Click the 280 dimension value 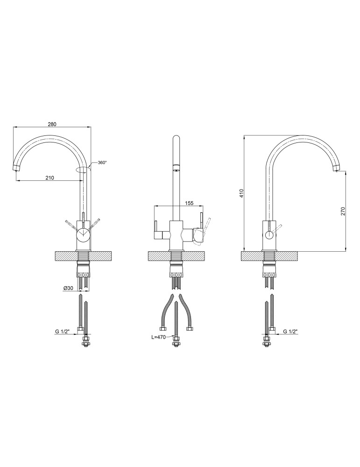tap(52, 124)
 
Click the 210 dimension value tap(49, 178)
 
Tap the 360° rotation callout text tap(102, 163)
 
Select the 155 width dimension tap(190, 203)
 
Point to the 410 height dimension tap(242, 193)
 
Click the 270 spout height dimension tap(342, 211)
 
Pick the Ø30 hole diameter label tap(68, 288)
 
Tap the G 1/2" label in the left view tap(62, 331)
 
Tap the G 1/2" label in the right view tap(290, 331)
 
